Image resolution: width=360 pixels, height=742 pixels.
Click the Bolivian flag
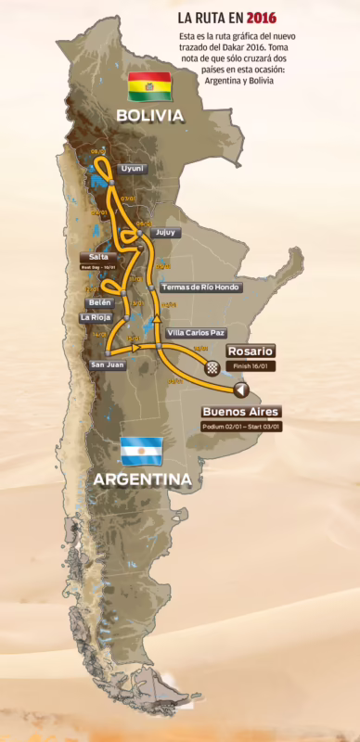[x=149, y=86]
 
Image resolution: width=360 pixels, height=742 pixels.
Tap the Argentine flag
[x=141, y=451]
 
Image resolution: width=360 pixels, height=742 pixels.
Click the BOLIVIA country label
[x=149, y=115]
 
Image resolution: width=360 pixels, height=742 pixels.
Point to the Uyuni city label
[x=133, y=168]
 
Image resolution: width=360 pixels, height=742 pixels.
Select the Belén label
[x=99, y=302]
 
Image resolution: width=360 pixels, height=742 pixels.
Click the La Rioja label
[x=96, y=317]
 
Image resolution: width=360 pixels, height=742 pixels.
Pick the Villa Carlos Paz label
[x=195, y=332]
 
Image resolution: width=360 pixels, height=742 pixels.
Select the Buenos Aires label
[x=241, y=411]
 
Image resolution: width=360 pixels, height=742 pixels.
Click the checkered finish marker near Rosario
[x=212, y=367]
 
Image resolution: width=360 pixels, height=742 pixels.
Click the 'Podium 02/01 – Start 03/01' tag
[x=240, y=427]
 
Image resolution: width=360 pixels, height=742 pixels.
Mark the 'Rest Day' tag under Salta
[x=98, y=266]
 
